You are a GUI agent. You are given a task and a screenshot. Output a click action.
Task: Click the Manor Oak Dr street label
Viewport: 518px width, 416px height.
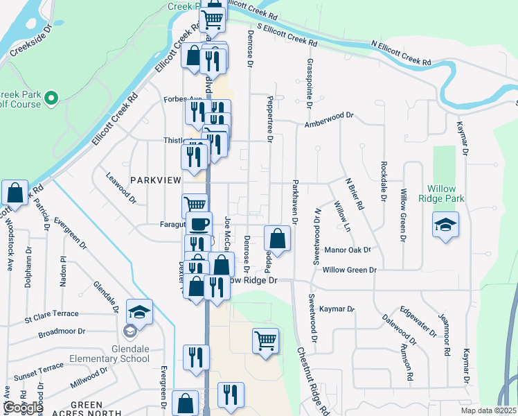coord(348,250)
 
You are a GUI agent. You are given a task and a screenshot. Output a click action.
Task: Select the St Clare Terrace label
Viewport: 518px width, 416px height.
coord(52,319)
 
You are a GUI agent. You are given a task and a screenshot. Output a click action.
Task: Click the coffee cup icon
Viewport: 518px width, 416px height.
coord(199,224)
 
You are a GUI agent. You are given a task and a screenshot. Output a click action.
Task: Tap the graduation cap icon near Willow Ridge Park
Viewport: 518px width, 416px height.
coord(445,225)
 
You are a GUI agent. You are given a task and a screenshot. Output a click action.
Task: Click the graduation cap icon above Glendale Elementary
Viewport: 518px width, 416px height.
coord(140,311)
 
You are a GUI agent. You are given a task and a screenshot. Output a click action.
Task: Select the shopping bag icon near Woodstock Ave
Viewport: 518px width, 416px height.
coord(15,193)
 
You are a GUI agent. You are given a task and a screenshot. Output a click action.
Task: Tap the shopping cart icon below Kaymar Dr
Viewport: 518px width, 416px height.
coord(265,340)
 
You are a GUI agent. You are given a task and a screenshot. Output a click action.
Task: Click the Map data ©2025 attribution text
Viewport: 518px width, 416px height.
coord(488,410)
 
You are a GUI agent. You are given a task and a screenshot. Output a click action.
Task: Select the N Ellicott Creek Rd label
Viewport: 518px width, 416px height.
coord(401,53)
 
